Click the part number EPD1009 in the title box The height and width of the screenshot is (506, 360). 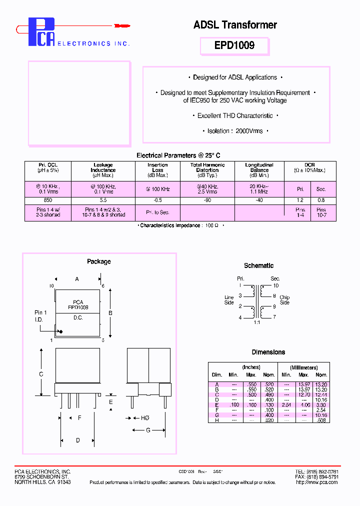point(234,45)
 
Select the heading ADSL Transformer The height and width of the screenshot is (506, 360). point(235,25)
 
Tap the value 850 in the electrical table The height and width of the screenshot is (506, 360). point(48,199)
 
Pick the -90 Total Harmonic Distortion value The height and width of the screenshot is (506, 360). point(207,199)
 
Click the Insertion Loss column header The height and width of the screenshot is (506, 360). point(157,170)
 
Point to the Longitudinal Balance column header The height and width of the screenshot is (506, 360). point(259,170)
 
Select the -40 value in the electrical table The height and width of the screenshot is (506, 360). point(259,199)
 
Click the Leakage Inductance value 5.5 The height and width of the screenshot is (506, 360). point(103,199)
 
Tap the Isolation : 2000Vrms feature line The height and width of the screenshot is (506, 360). point(235,131)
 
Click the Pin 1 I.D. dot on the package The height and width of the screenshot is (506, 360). point(61,331)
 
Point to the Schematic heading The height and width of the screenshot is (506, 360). point(258,265)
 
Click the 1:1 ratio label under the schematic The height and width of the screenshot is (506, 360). point(257,323)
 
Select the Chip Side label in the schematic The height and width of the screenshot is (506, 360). point(284,300)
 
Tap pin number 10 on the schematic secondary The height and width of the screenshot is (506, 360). point(275,285)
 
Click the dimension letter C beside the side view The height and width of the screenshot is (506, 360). point(41,374)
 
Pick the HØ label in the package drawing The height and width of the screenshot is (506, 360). point(144,417)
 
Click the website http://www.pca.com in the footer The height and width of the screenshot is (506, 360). point(317,482)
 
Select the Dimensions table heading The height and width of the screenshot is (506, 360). point(268,352)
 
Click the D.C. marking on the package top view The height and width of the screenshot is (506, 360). point(78,317)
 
